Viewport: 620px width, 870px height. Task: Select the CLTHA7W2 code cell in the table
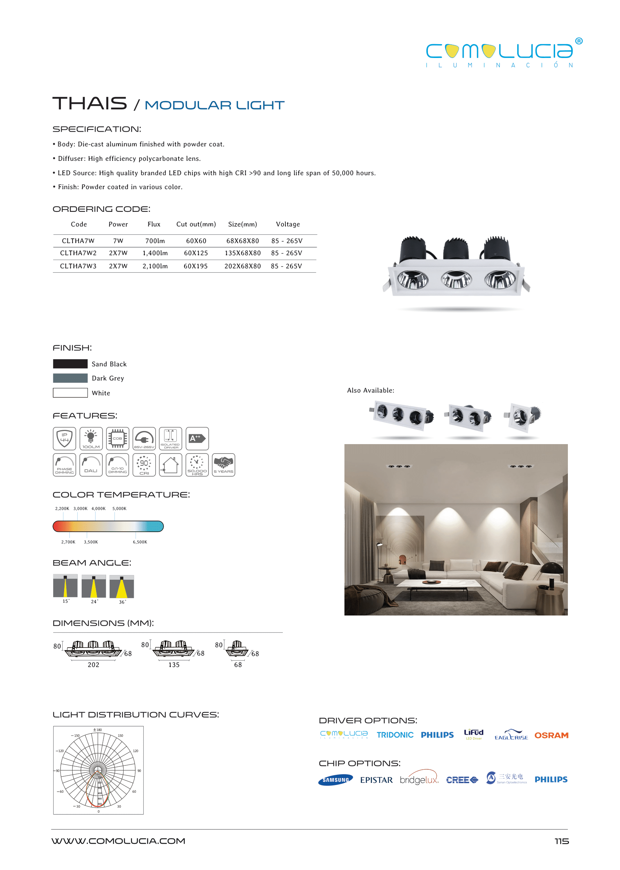coord(78,253)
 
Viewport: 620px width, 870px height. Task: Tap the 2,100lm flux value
coord(155,266)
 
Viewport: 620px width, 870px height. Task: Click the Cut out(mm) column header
coord(196,224)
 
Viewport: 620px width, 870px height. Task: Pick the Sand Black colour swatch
coord(70,364)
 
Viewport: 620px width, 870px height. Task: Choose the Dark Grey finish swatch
coord(70,378)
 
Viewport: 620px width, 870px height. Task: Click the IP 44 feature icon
coord(65,438)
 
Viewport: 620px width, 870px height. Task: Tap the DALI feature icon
coord(91,465)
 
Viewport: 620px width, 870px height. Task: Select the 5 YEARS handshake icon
coord(223,465)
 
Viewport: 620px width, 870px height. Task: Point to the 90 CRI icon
coord(144,465)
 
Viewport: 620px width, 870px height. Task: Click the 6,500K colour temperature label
coord(140,542)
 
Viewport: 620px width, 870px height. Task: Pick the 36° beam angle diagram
coord(122,587)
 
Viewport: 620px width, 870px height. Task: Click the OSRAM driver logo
coord(551,735)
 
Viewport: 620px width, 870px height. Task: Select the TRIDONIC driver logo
coord(395,735)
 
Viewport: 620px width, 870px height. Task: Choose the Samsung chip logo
coord(336,780)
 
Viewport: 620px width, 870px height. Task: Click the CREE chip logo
coord(462,780)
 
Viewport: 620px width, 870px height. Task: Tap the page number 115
coord(562,841)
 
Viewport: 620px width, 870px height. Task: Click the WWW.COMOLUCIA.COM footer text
coord(118,841)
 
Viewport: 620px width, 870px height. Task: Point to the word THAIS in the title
coord(90,104)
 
